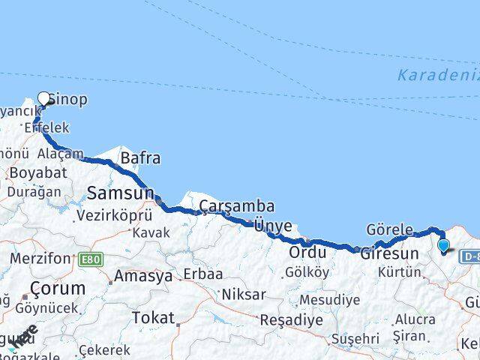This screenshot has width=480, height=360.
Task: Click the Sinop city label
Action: click(x=68, y=99)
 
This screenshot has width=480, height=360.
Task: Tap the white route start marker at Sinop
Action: click(x=43, y=98)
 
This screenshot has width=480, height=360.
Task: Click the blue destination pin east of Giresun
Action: click(x=443, y=245)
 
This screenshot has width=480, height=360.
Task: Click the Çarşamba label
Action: click(x=236, y=205)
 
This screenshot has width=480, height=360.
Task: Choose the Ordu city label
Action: click(x=307, y=252)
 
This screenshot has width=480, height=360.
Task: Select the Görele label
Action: click(x=389, y=229)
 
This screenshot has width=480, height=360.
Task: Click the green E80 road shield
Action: click(x=89, y=259)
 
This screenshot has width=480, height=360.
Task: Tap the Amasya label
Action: click(x=142, y=276)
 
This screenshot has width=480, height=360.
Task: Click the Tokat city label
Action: click(x=153, y=318)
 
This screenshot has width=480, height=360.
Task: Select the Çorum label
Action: click(x=58, y=288)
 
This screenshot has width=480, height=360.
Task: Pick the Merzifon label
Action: click(x=39, y=259)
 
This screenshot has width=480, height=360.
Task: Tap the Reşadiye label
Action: click(x=292, y=319)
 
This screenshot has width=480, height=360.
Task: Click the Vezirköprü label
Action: click(x=114, y=215)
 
